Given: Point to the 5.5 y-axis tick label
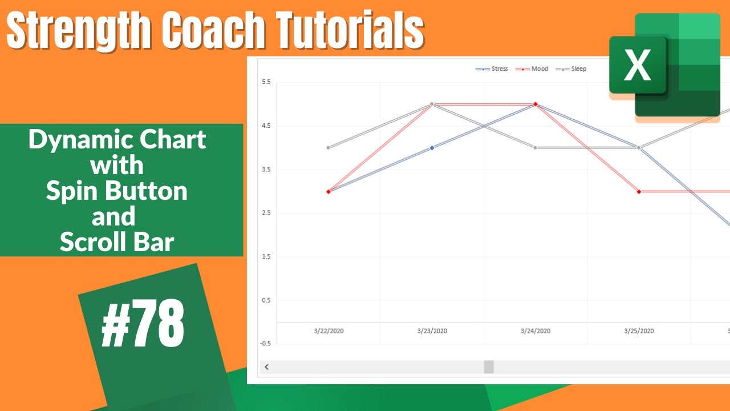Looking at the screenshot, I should coord(266,82).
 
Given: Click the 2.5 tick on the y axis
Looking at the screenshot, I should coord(266,213).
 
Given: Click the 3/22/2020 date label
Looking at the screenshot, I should coord(328,331).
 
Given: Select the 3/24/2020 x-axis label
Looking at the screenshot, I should coord(536,331).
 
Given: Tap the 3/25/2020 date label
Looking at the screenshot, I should coord(639,331).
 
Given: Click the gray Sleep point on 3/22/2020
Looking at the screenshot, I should coord(328,147).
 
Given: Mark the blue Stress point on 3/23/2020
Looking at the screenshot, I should coord(432,147).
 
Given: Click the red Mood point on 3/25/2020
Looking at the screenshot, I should coord(639,191).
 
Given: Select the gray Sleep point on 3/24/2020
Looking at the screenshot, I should coord(536,147).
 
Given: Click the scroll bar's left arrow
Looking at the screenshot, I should coord(266,367).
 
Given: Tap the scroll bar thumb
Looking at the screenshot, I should coord(489,367).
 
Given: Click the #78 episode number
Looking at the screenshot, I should coord(143,324).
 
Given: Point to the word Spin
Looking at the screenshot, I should coord(72,191).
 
